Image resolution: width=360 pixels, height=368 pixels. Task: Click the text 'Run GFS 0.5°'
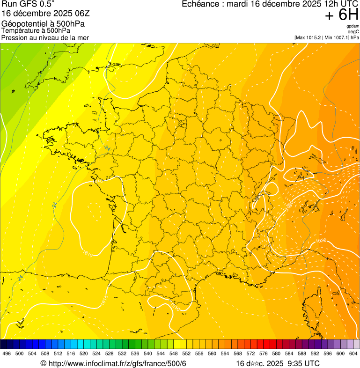click(28, 4)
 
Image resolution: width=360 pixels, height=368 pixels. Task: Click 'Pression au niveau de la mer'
click(45, 37)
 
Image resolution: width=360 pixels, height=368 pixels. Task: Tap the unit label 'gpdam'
click(353, 26)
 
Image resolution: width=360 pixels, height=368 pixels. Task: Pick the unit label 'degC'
click(353, 31)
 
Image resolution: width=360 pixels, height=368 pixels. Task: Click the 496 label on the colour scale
click(7, 353)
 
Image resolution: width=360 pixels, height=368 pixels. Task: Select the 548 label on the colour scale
click(174, 353)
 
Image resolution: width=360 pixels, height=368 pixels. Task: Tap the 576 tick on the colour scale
click(264, 353)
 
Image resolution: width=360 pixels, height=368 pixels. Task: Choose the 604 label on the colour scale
click(353, 353)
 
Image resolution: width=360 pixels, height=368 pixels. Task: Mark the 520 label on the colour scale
click(84, 353)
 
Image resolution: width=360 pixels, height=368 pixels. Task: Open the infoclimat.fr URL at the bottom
click(117, 363)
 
